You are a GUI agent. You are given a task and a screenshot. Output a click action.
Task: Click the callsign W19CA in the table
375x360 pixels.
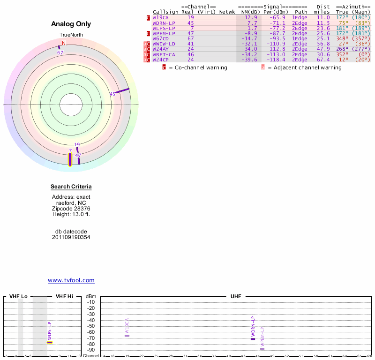[160, 17]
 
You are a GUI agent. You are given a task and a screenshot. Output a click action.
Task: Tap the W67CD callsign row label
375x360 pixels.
[160, 38]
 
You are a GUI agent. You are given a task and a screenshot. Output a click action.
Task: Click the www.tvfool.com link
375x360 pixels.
[71, 280]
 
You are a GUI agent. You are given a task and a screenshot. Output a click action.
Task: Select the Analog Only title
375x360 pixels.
[71, 24]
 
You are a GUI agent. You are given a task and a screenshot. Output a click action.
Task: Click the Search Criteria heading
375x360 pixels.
[71, 187]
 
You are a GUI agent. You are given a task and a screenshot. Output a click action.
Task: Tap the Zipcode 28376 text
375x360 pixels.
[71, 209]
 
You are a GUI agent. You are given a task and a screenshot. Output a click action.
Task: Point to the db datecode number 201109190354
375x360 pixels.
[71, 237]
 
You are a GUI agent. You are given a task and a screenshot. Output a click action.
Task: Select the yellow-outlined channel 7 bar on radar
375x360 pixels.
[70, 159]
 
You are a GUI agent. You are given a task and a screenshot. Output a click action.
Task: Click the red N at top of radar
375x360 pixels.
[64, 43]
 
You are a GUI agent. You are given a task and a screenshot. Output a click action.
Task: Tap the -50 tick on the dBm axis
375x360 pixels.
[91, 326]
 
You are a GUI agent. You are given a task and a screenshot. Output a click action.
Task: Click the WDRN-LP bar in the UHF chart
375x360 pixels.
[253, 338]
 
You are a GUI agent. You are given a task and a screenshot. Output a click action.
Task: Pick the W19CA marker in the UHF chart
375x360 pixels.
[127, 336]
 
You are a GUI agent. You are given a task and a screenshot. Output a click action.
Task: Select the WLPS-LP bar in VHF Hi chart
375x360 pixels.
[50, 342]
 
